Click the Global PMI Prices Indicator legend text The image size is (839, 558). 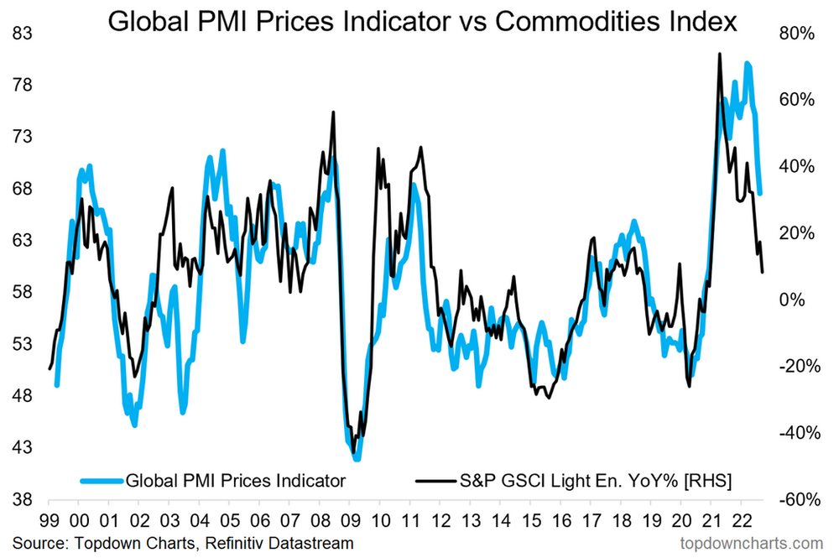pos(235,481)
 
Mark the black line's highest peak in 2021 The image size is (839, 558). pos(719,55)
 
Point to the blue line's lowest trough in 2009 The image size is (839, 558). pos(357,458)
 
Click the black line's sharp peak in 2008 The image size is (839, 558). pos(333,112)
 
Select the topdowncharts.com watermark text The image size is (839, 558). pos(754,543)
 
